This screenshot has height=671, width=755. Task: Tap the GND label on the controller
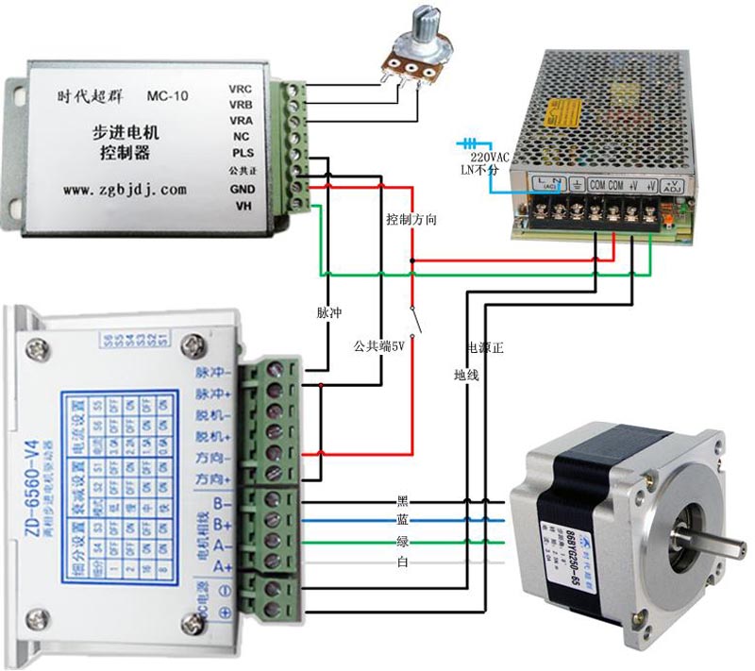click(x=241, y=188)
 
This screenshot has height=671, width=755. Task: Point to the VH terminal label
click(x=243, y=206)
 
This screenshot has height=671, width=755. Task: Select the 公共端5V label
click(x=378, y=346)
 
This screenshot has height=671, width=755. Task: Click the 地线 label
click(x=466, y=376)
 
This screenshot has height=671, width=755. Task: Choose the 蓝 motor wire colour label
click(x=403, y=521)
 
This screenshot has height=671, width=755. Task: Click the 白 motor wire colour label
click(x=403, y=563)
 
